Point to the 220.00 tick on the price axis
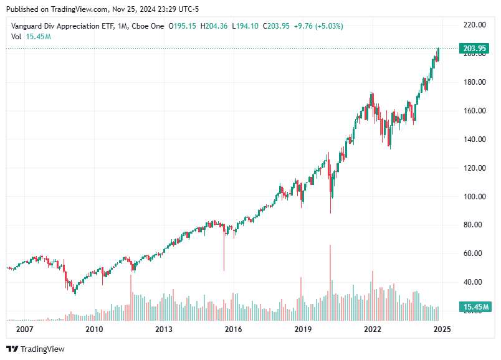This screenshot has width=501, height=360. (x=475, y=25)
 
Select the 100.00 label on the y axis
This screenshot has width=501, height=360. (x=475, y=197)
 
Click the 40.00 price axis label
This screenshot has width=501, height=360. (x=475, y=282)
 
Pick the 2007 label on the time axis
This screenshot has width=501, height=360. (x=24, y=329)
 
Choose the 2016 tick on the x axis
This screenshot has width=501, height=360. (x=233, y=329)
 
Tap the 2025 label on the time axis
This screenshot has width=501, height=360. (x=442, y=329)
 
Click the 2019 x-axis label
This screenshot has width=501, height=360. (x=303, y=329)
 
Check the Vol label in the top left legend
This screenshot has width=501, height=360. (x=17, y=37)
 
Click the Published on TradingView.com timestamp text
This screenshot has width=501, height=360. (x=102, y=8)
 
